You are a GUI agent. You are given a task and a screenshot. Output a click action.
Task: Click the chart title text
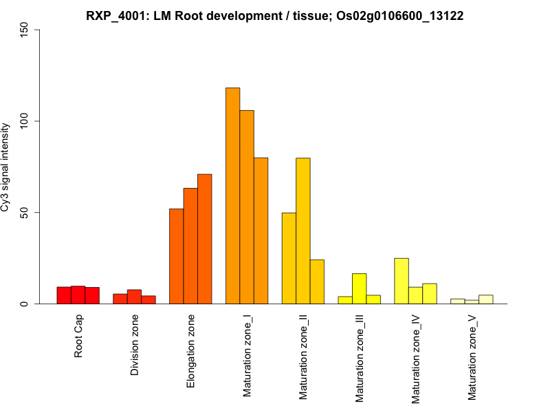click(275, 16)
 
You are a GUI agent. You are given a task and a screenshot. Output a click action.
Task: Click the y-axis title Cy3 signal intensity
click(6, 167)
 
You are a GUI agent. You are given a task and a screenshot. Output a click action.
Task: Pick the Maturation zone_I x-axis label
click(247, 356)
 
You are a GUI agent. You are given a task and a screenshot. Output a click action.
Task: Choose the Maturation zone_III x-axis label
click(360, 359)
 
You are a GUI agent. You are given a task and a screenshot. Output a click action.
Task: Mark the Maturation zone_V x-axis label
click(472, 358)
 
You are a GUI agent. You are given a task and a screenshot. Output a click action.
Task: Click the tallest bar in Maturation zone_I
click(233, 195)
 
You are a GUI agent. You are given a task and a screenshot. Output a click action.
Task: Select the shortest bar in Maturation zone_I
click(261, 231)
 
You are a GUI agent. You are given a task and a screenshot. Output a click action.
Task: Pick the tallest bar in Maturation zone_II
click(303, 231)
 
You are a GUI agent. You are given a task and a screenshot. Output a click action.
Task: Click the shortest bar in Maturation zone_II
click(317, 282)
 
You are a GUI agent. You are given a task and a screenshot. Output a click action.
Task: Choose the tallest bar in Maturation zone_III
click(360, 288)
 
